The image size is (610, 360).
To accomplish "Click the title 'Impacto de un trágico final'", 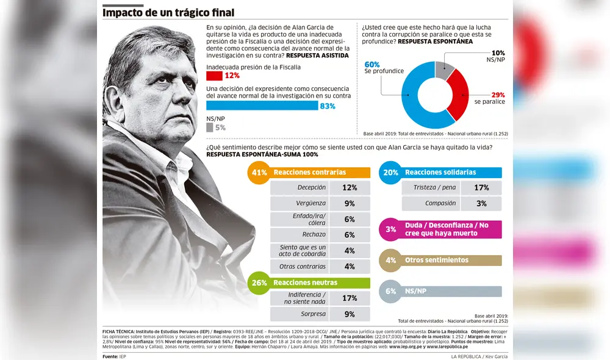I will click(168, 13).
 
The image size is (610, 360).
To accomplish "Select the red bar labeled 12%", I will click(213, 76).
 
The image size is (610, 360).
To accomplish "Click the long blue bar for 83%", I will click(262, 106).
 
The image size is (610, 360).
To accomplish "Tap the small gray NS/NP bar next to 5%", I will click(209, 128).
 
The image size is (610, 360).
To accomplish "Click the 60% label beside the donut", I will click(373, 64).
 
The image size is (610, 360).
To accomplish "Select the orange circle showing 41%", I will click(259, 173).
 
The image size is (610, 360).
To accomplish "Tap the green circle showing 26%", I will click(259, 283).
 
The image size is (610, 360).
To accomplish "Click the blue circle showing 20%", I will click(390, 173).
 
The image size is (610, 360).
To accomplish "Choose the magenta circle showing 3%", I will click(390, 229).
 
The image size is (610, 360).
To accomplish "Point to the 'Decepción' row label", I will click(311, 188).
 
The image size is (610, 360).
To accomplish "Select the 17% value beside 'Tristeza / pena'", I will click(481, 188).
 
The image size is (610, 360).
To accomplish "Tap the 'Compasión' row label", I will click(440, 203).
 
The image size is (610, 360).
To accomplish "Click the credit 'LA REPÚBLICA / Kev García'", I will click(479, 356).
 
